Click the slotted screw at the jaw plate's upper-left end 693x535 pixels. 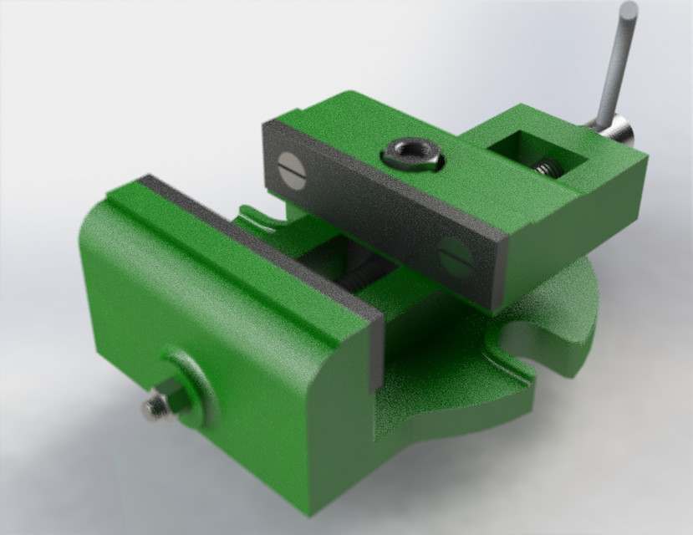(x=288, y=161)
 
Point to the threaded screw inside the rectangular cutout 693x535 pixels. (x=548, y=168)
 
